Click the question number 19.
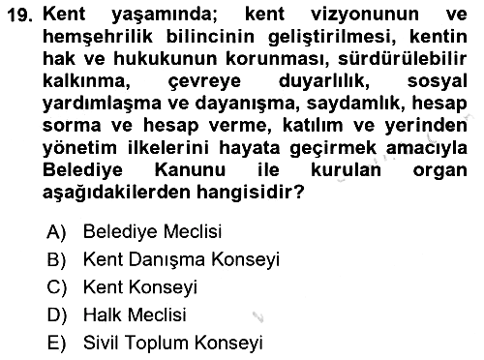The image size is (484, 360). pyautogui.click(x=19, y=15)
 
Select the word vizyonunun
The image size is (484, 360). pyautogui.click(x=365, y=15)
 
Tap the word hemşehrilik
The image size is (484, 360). pyautogui.click(x=98, y=37)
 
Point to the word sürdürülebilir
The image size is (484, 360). pyautogui.click(x=403, y=59)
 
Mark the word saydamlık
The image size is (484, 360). pyautogui.click(x=355, y=104)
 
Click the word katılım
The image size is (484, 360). pyautogui.click(x=313, y=126)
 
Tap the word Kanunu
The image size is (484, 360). pyautogui.click(x=190, y=169)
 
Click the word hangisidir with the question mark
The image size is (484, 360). pyautogui.click(x=250, y=193)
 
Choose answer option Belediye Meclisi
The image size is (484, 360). pyautogui.click(x=152, y=231)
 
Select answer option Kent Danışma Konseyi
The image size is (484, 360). pyautogui.click(x=181, y=259)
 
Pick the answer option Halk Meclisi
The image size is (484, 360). pyautogui.click(x=135, y=315)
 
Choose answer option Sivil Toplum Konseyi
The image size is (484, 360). pyautogui.click(x=173, y=343)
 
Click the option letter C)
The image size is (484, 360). pyautogui.click(x=56, y=287)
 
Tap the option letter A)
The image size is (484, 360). pyautogui.click(x=56, y=231)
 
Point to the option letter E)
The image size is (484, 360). pyautogui.click(x=56, y=343)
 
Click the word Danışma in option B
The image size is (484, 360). pyautogui.click(x=166, y=259)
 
